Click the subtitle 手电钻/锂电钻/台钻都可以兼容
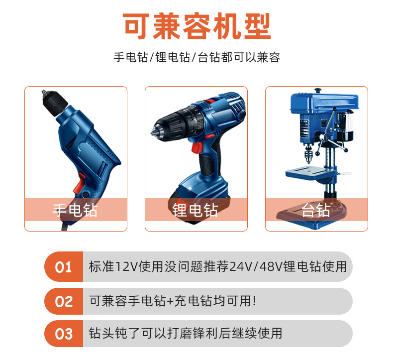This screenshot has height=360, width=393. (x=196, y=57)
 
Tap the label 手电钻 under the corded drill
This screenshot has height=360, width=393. (x=76, y=210)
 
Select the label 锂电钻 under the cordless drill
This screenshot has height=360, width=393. (x=196, y=210)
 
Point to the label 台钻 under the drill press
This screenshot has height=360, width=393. (x=316, y=210)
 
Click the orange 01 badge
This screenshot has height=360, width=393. (x=63, y=267)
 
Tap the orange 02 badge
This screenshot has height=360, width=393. (x=63, y=301)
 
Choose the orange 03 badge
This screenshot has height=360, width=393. (x=63, y=334)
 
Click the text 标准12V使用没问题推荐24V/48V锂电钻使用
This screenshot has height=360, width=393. (x=218, y=267)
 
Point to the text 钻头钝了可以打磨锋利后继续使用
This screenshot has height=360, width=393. (x=186, y=333)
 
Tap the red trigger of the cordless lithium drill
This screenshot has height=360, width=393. (x=198, y=148)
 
